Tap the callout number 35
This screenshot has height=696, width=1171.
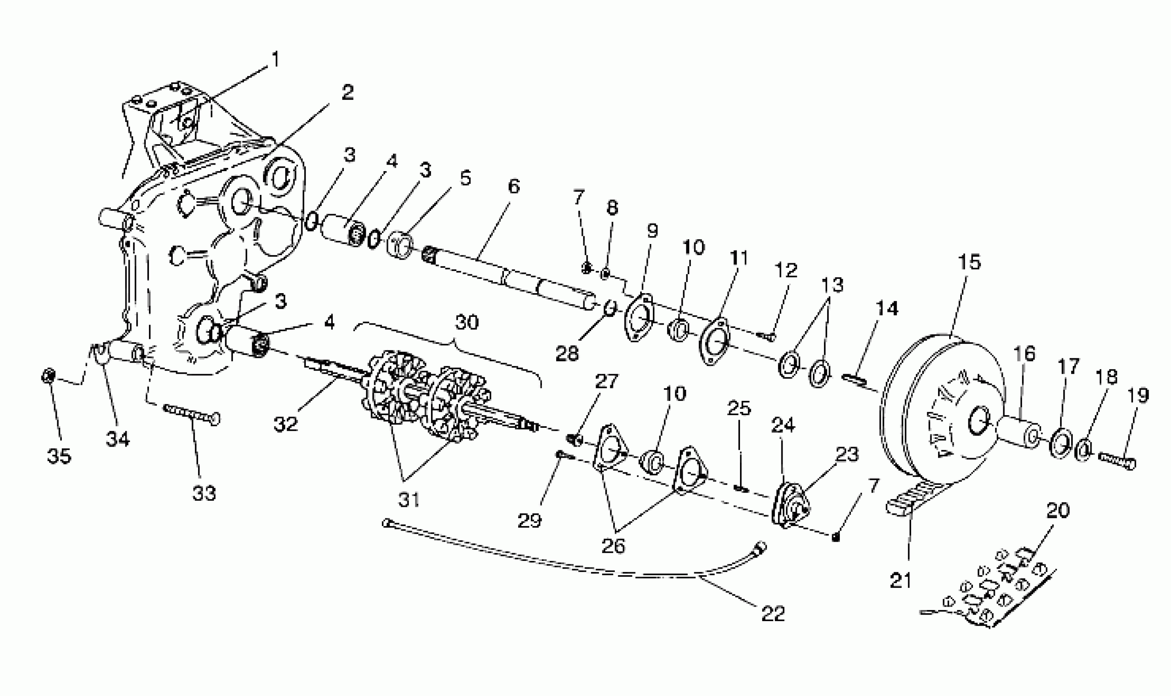(59, 455)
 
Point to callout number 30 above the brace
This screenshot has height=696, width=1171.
(467, 322)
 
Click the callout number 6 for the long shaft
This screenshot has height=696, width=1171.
(514, 187)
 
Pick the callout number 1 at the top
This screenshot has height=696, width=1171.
(275, 59)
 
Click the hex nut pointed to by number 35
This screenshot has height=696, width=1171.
(48, 376)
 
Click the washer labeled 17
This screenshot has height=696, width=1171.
(1061, 442)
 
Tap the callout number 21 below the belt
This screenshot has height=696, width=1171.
(900, 580)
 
